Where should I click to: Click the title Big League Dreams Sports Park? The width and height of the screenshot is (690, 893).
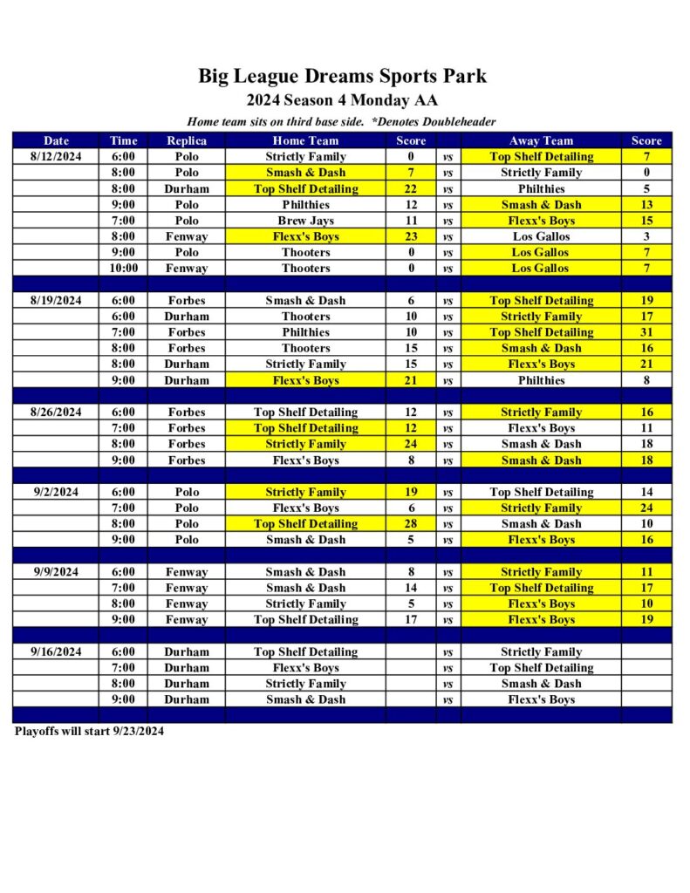coord(342,76)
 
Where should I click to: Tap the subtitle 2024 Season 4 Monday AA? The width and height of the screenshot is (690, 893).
coord(342,100)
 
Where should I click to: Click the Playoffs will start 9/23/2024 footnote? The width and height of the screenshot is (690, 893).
coord(89,732)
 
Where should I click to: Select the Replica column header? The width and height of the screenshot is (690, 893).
coord(187,140)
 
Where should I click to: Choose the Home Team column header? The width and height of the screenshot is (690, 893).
coord(305,140)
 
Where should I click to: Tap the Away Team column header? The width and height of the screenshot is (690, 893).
coord(541,140)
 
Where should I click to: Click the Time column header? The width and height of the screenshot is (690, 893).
coord(124,140)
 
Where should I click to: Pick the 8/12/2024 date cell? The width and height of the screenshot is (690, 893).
coord(57,157)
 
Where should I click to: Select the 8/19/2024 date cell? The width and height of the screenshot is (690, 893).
coord(57,301)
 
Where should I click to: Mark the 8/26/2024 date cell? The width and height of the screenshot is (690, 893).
coord(57,412)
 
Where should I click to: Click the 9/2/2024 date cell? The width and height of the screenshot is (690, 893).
coord(57,492)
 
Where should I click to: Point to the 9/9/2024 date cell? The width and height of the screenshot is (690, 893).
coord(57,572)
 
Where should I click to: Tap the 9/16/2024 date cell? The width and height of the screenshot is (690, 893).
coord(57,652)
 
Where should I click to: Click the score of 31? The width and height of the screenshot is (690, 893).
coord(646,332)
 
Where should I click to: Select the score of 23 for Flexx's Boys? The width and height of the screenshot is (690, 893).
coord(411,236)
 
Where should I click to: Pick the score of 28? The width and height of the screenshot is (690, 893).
coord(411,524)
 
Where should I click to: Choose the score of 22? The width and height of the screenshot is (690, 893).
coord(411,189)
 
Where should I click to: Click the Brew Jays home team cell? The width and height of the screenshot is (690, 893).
coord(305,221)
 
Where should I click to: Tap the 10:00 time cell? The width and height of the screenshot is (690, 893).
coord(124,269)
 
